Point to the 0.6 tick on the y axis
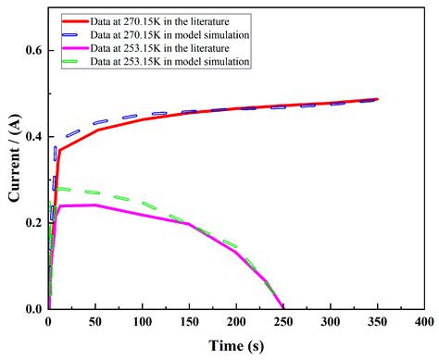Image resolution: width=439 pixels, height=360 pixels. tap(33, 50)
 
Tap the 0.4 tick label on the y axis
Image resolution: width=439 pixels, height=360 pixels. tap(33, 137)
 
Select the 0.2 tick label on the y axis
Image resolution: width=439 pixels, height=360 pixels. tap(33, 223)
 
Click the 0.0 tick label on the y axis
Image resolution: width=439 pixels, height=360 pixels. tap(33, 309)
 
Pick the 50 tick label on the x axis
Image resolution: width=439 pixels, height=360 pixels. tap(95, 321)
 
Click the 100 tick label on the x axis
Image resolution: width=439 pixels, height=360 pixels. tap(142, 321)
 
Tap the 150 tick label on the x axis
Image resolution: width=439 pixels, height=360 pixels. tap(189, 321)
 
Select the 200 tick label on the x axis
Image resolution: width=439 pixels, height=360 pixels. tap(236, 321)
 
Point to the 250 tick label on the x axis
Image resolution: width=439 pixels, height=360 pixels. tap(282, 321)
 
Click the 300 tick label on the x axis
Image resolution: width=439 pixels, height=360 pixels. tap(330, 321)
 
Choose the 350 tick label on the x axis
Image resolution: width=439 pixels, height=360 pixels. tap(377, 321)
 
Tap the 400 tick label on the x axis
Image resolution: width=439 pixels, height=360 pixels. tap(423, 321)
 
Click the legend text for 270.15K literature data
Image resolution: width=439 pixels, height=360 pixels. tap(171, 18)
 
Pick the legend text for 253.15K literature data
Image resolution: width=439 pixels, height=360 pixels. tap(171, 48)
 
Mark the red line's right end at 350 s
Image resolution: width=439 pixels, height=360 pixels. tap(377, 99)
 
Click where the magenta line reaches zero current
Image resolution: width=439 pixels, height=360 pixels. tap(282, 308)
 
